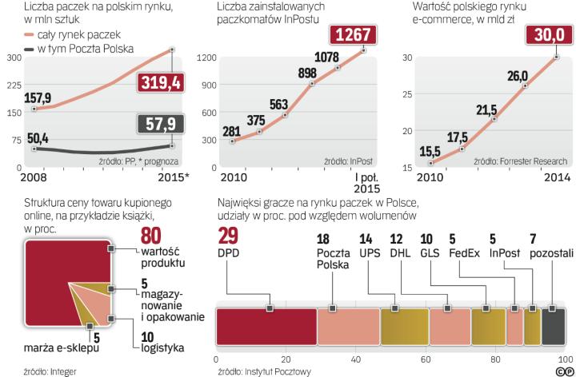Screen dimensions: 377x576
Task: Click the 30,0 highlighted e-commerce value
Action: pos(548,36)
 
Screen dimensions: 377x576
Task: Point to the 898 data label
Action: pos(308,73)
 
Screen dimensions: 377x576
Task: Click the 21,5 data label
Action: pos(487,109)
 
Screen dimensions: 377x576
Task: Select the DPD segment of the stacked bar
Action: pos(266,327)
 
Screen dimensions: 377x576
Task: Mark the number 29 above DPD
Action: pos(227,235)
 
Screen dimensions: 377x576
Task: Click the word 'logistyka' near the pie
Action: pos(158,347)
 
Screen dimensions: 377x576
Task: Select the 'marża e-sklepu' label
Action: pos(57,347)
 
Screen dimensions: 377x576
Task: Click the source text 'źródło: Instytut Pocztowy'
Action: pos(263,371)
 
